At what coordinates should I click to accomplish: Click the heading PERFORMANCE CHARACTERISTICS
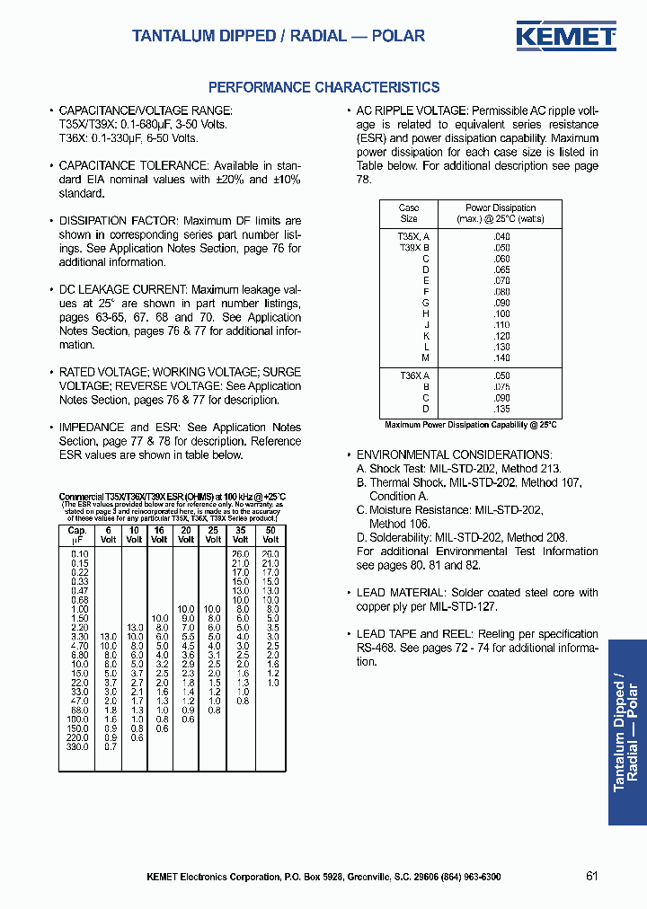323,87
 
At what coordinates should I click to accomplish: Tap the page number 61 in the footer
591,876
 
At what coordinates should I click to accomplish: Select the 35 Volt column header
242,534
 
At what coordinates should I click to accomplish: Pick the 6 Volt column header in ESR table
108,534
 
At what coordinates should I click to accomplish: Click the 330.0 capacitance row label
77,746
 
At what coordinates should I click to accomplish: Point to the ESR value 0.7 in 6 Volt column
109,746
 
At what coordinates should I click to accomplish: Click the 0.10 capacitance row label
79,554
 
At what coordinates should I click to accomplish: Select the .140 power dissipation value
501,357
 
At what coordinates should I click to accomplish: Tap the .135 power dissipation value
501,409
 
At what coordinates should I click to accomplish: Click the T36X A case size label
414,376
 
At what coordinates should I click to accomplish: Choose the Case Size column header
409,213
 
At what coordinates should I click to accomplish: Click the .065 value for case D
501,269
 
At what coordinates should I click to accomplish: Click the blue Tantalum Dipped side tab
626,732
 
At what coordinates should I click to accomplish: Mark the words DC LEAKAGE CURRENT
122,290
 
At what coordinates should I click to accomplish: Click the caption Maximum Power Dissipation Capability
471,425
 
